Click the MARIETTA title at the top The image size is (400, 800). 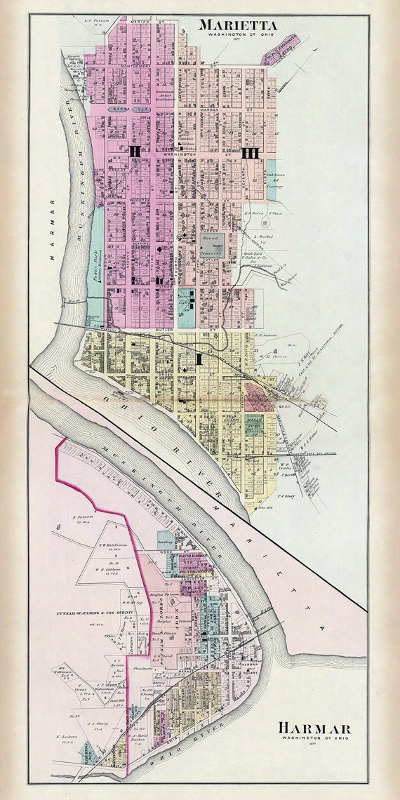(x=237, y=25)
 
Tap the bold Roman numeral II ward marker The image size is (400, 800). (x=135, y=150)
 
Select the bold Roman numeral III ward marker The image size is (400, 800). (x=250, y=152)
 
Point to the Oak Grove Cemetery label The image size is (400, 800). (x=274, y=180)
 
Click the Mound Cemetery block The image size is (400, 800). (x=215, y=246)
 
